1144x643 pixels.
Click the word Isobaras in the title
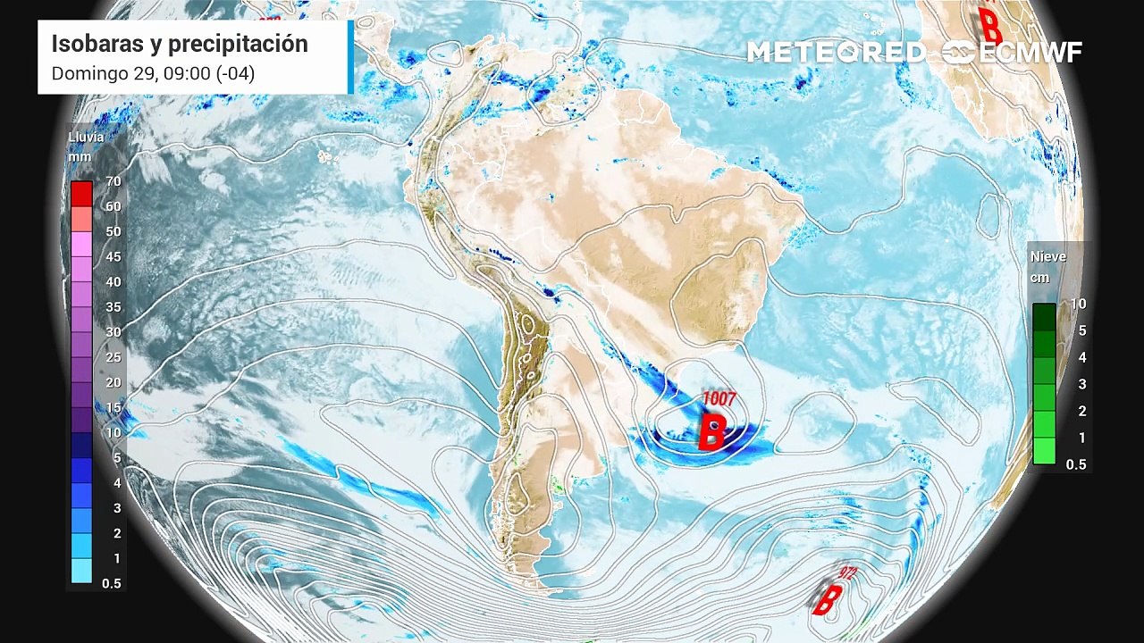(92, 44)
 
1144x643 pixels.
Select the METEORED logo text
(836, 52)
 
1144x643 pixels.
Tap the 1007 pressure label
(718, 398)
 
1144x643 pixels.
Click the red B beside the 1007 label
(711, 431)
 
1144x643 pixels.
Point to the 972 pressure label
(845, 572)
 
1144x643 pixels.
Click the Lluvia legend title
(86, 138)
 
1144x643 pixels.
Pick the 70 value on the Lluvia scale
(113, 181)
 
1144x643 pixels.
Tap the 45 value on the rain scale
(113, 256)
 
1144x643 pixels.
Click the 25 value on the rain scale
(113, 357)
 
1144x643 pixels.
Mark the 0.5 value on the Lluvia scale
(112, 583)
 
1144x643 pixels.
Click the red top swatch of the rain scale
(81, 193)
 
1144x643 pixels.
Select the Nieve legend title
(1047, 256)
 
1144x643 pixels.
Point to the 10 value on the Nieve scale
(1078, 304)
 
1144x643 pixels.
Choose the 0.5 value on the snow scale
(1076, 464)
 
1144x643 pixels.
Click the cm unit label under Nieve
(1039, 278)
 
